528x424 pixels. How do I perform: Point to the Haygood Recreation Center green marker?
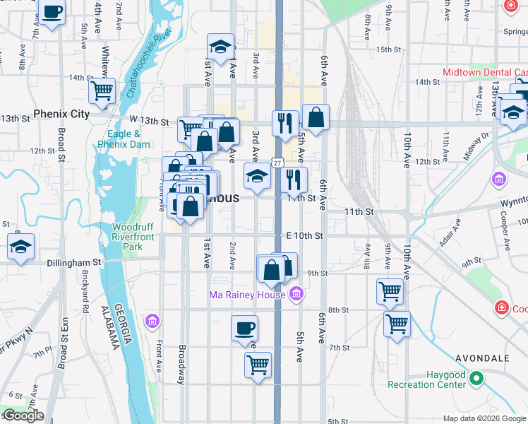[476, 379]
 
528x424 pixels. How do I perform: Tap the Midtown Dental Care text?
[484, 72]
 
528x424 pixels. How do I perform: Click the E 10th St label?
[304, 235]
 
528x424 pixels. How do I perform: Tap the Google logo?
[24, 416]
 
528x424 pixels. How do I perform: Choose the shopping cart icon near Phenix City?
[102, 91]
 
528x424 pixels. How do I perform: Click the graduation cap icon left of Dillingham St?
[20, 247]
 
